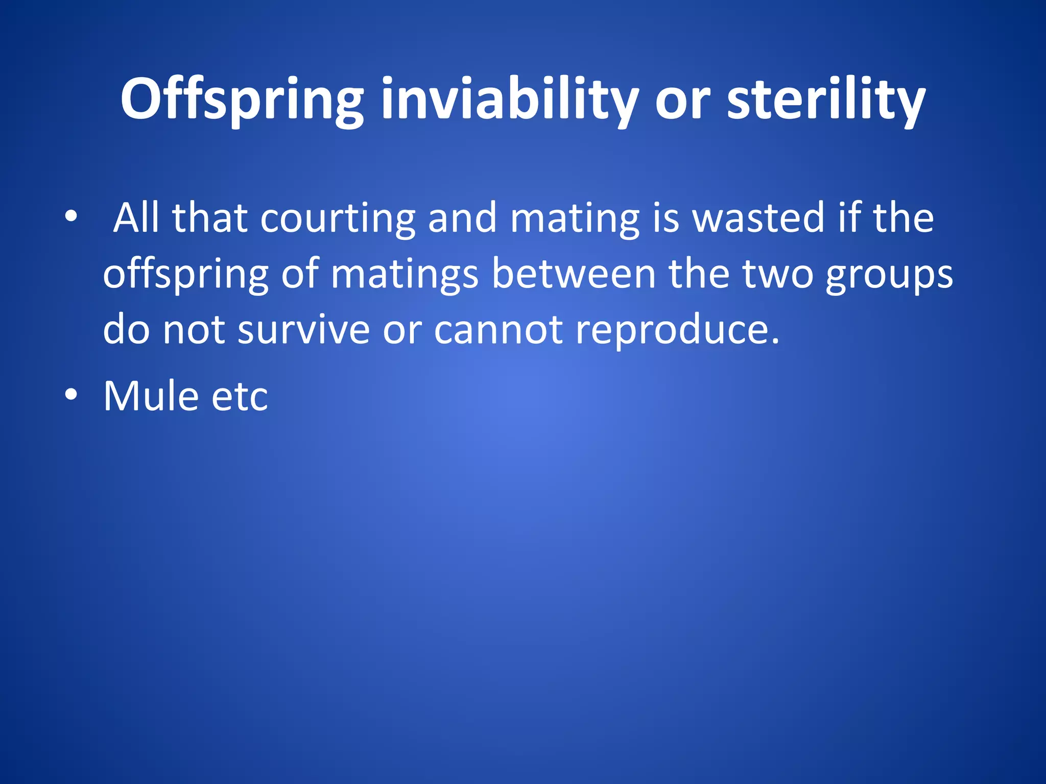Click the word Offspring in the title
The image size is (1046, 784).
pos(242,100)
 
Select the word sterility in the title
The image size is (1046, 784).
pos(826,100)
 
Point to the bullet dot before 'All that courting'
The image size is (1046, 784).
pos(71,216)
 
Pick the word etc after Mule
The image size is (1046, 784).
pos(240,397)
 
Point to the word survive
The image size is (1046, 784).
pos(303,329)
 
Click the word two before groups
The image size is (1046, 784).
pos(777,275)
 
